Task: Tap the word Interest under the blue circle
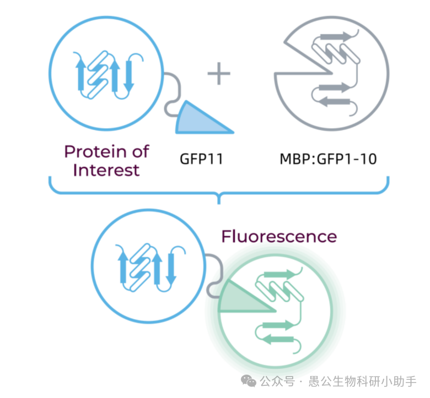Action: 106,170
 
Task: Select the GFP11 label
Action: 202,159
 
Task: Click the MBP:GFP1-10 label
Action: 328,159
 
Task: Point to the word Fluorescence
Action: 279,236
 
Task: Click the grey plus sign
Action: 219,73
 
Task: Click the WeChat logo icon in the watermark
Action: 249,381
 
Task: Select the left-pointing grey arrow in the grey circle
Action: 334,102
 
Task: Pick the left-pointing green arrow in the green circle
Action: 278,339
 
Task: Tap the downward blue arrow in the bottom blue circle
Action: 171,269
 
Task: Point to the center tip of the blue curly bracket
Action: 219,204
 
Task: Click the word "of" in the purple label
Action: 141,151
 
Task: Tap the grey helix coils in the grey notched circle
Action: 336,54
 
